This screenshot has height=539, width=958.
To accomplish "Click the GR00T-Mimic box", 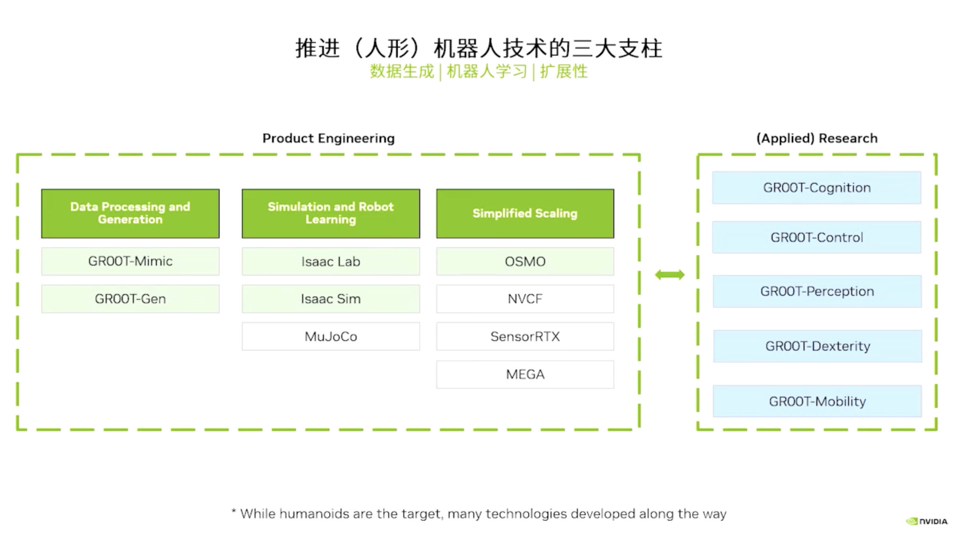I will pos(130,261).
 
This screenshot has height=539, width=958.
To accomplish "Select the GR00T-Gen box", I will pos(130,299).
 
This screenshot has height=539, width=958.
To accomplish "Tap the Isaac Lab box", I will pos(331,261).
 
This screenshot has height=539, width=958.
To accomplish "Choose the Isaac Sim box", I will pos(331,299).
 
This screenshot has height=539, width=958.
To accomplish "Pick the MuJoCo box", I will pos(331,336).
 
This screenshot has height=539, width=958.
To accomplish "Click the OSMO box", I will pos(525,261).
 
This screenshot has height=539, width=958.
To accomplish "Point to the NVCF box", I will pos(525,299).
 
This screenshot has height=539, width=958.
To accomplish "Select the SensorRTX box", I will pos(525,336).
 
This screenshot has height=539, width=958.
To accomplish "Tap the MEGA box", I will pos(525,374).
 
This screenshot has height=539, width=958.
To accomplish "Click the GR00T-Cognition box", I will pos(817,188).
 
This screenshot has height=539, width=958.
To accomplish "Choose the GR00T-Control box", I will pos(817,237).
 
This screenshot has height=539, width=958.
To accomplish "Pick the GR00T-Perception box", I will pos(817,291).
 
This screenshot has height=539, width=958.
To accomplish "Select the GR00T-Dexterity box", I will pos(818,346).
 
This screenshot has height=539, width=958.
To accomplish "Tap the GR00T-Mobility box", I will pos(817,401).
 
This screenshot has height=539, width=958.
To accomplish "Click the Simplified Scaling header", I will pos(525,213).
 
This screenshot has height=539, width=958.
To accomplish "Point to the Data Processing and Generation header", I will pos(130,213).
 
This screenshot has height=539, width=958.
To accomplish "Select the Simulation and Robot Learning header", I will pos(331,213).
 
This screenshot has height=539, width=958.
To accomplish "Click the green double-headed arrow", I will pos(670,275).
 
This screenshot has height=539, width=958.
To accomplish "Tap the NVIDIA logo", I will pos(927,521).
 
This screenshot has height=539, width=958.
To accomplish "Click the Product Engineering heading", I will pos(328,138).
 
